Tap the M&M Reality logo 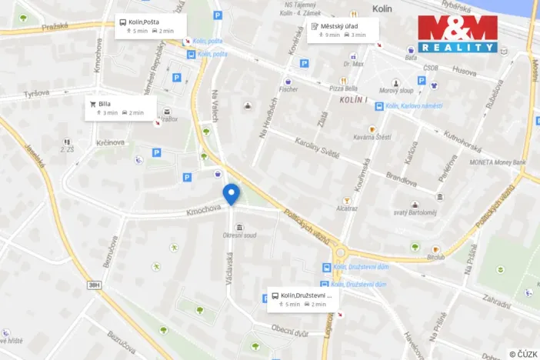point(458,33)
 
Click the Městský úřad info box point(343,30)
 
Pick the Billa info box point(121,108)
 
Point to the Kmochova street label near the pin point(203,208)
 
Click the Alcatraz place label point(346,208)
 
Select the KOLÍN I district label point(355,101)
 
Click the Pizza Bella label point(344,89)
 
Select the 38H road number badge point(94,285)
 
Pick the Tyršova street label point(36,93)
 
